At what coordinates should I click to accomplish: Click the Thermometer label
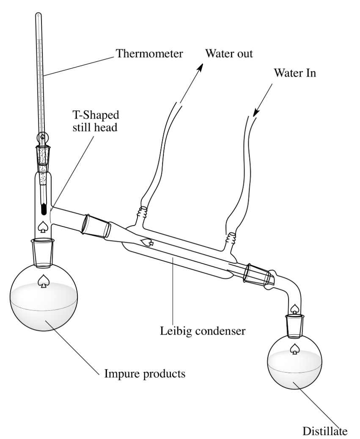149,53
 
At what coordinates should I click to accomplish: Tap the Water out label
229,53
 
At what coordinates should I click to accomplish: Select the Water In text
295,73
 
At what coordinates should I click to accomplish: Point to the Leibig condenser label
203,331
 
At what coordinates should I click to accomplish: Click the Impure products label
145,374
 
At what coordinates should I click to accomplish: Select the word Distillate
325,431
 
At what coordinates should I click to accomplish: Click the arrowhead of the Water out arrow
200,67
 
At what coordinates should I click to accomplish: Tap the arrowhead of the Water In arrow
256,112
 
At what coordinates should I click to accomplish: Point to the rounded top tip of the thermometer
38,14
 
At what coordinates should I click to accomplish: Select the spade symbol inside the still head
43,226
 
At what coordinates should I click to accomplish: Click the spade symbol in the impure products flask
43,281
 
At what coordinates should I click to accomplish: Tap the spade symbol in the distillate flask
294,349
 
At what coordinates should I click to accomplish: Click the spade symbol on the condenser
147,242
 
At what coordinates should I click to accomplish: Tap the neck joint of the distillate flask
294,326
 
